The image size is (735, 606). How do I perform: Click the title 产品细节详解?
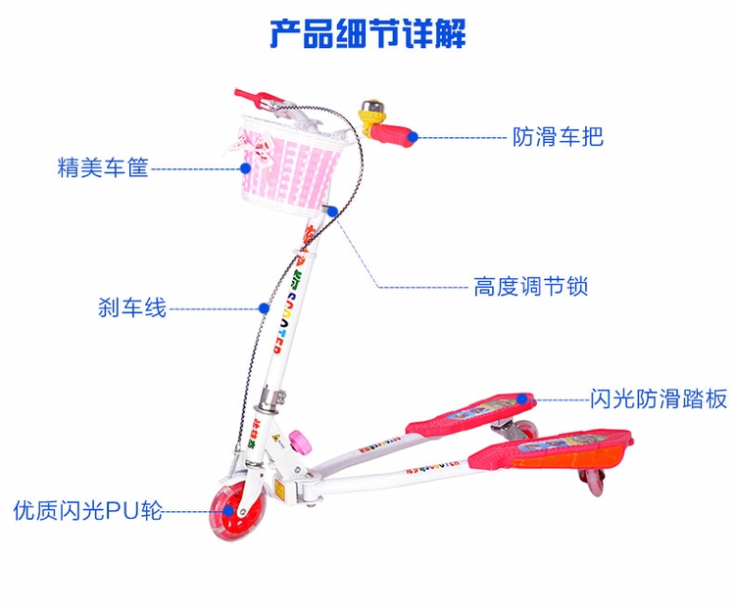[x=367, y=32]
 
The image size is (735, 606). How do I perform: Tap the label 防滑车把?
[x=558, y=136]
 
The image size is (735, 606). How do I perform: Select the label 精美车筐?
[x=103, y=168]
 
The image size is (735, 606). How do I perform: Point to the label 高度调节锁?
[x=530, y=287]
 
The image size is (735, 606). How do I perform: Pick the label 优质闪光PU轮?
[x=87, y=510]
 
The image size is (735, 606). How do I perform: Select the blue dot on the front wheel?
[x=219, y=509]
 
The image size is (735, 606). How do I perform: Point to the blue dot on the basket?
[x=246, y=167]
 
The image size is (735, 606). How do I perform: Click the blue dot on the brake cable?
[x=264, y=307]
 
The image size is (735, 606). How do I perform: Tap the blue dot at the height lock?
[x=334, y=210]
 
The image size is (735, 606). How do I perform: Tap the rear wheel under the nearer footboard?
[x=594, y=481]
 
